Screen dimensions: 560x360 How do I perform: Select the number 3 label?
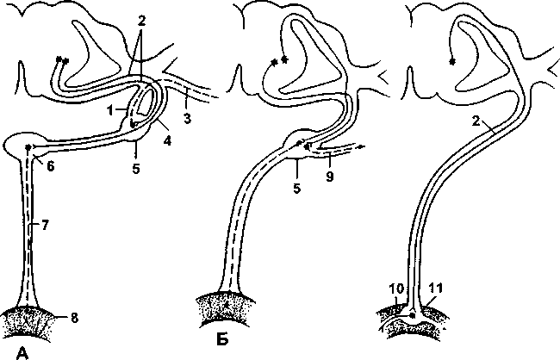pos(188,116)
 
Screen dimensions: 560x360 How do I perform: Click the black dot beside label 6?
pos(29,148)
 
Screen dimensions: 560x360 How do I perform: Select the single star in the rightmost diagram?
pos(452,60)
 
